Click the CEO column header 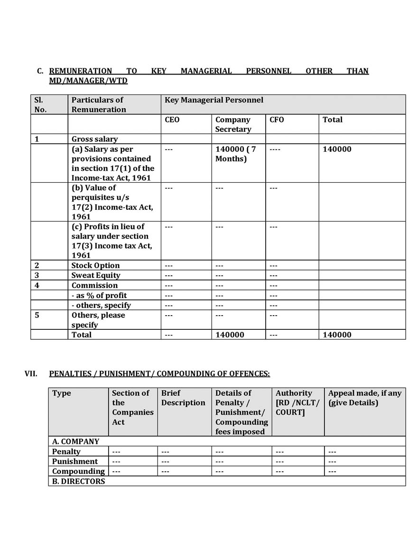(x=172, y=120)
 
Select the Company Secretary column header (x=233, y=124)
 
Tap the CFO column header (x=277, y=120)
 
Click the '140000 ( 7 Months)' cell (x=236, y=154)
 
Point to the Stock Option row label (x=95, y=265)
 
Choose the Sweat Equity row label (x=96, y=275)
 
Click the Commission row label (x=94, y=285)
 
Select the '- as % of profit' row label (x=99, y=295)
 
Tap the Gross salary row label (x=94, y=139)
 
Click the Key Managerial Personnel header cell (x=214, y=100)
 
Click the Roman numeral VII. (x=31, y=373)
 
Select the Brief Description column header (x=183, y=398)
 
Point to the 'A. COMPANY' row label (x=75, y=441)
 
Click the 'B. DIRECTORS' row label (x=78, y=481)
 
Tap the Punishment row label (x=75, y=461)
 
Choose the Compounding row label (x=78, y=471)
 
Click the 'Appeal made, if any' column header (x=364, y=398)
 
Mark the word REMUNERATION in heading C (x=81, y=71)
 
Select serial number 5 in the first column (x=37, y=315)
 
